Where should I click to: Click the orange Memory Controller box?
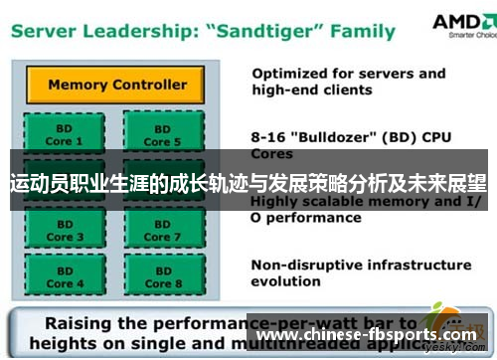(x=117, y=85)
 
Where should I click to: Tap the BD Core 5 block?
(x=157, y=134)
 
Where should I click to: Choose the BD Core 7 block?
(x=157, y=230)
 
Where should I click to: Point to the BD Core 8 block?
(x=157, y=275)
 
